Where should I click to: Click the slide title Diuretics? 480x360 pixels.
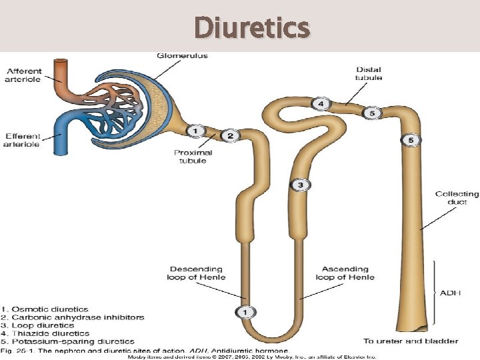click(252, 28)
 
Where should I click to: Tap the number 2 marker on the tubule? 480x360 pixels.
click(230, 136)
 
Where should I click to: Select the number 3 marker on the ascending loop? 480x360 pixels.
click(301, 185)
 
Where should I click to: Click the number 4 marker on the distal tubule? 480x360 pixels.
click(321, 104)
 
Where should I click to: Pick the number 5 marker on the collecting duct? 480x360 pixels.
click(411, 140)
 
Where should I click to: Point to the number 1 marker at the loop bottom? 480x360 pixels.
click(245, 311)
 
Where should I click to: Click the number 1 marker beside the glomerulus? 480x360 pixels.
click(195, 131)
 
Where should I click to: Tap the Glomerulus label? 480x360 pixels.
click(182, 55)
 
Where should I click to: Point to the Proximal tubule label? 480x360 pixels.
click(193, 157)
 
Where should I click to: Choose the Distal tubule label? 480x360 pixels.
click(369, 73)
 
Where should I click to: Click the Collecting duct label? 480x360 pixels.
click(457, 198)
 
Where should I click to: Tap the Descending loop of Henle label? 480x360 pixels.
click(197, 273)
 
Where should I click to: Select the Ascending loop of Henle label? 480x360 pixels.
click(345, 273)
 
